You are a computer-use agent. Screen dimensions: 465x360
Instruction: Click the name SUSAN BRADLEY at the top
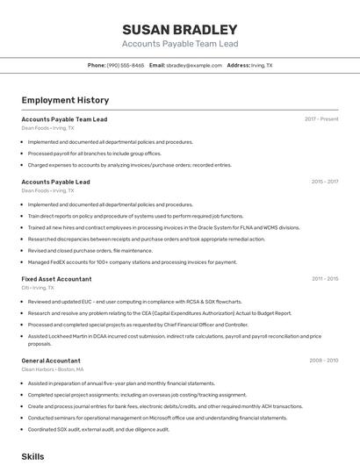(x=179, y=29)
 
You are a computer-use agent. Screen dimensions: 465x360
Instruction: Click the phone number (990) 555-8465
(x=126, y=65)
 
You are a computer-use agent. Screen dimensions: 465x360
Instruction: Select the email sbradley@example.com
(x=194, y=65)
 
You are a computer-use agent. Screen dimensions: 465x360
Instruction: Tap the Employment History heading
(x=65, y=100)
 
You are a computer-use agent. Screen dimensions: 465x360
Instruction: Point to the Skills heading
(x=32, y=456)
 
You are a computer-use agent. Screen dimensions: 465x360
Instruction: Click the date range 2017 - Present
(x=321, y=118)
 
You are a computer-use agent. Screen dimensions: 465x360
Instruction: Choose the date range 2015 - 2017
(x=324, y=182)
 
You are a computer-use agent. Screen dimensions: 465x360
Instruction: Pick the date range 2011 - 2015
(x=324, y=279)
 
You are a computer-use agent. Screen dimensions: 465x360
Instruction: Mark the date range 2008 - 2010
(x=323, y=361)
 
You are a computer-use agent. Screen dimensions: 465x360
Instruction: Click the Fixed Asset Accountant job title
(x=56, y=279)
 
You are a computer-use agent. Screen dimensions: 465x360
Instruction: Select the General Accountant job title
(x=51, y=361)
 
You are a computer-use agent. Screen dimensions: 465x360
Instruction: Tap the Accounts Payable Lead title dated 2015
(x=55, y=182)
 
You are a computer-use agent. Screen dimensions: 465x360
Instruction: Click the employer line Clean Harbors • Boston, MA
(x=53, y=369)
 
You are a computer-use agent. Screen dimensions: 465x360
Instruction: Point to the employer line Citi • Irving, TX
(x=38, y=288)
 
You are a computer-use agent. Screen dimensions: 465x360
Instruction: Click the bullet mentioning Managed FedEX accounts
(x=133, y=261)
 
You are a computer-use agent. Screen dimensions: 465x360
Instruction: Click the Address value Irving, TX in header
(x=263, y=65)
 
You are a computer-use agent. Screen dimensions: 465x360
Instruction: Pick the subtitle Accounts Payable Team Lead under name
(x=179, y=44)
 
